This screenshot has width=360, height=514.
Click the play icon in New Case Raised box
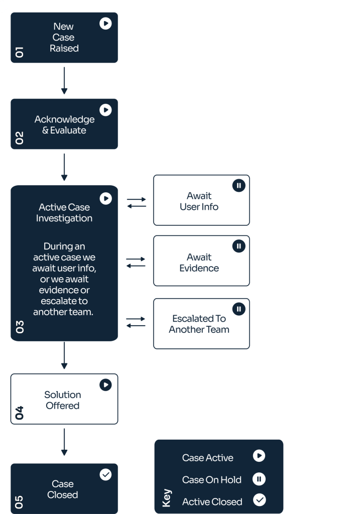coord(105,23)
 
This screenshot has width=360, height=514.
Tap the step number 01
coord(20,52)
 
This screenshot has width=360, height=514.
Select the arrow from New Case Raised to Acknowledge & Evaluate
coord(64,81)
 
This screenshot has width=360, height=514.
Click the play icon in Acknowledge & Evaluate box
coord(105,110)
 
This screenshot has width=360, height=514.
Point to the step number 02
coord(20,138)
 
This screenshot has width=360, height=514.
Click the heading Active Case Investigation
coord(64,213)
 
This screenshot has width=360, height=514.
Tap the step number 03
coord(20,327)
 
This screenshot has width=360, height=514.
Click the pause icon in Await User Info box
coord(238,186)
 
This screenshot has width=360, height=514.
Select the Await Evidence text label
coord(199,263)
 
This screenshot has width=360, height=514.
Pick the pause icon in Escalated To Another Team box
coord(238,309)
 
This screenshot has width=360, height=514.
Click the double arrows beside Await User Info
coord(137,203)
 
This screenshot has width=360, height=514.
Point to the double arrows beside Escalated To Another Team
coord(136,322)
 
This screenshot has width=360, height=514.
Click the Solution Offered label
coord(63,400)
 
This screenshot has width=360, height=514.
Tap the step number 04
coord(20,413)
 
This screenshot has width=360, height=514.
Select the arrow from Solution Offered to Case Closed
coord(64,442)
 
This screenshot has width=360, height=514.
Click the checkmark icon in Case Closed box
coord(105,474)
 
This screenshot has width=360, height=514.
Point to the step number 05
coord(19,502)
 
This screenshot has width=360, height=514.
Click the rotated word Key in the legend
coord(167,498)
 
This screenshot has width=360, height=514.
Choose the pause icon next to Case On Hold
coord(259,479)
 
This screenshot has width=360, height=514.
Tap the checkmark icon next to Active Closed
coord(260,500)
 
